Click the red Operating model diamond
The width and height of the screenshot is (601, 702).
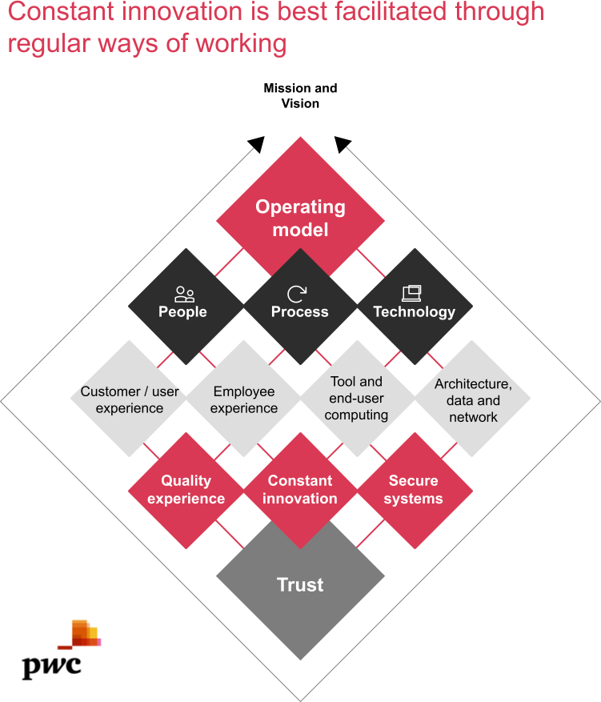click(300, 218)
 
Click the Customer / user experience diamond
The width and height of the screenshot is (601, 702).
click(130, 399)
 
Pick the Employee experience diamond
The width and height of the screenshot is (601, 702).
click(244, 399)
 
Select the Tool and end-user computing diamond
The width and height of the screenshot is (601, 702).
click(357, 399)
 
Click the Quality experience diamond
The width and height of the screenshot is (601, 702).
click(186, 490)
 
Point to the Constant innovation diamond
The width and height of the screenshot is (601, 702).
click(300, 490)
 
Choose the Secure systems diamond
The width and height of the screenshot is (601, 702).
click(414, 490)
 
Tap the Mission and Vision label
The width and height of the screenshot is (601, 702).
click(300, 95)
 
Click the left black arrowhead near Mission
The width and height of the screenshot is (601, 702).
click(256, 144)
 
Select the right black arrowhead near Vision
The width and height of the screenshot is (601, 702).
click(343, 144)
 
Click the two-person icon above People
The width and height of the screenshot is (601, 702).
click(184, 294)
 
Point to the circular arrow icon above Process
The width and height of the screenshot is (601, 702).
click(298, 294)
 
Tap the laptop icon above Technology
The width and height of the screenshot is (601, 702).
click(411, 294)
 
